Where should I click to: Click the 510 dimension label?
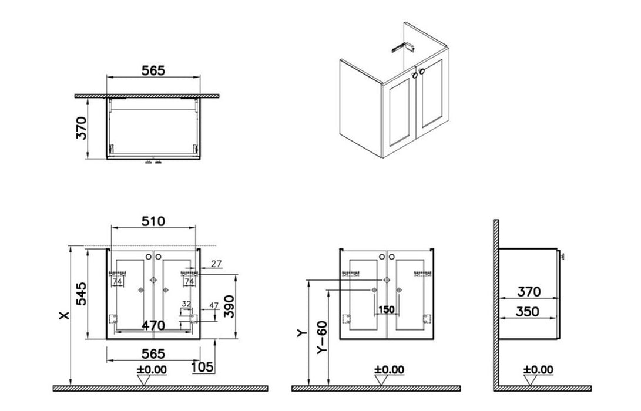pyautogui.click(x=153, y=221)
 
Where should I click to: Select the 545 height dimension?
pyautogui.click(x=81, y=294)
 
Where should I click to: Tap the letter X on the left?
pyautogui.click(x=64, y=315)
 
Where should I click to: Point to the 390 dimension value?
pyautogui.click(x=229, y=306)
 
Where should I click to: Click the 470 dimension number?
pyautogui.click(x=153, y=326)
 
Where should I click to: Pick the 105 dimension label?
pyautogui.click(x=202, y=367)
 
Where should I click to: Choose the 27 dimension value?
pyautogui.click(x=216, y=264)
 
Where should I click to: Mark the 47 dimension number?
pyautogui.click(x=214, y=305)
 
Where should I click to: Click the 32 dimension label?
pyautogui.click(x=186, y=304)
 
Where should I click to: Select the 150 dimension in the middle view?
pyautogui.click(x=386, y=309)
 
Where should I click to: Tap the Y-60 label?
pyautogui.click(x=322, y=338)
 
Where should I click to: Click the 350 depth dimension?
pyautogui.click(x=528, y=311)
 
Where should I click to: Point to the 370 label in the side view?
pyautogui.click(x=529, y=292)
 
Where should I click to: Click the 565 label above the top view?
pyautogui.click(x=153, y=70)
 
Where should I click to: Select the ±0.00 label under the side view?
pyautogui.click(x=538, y=369)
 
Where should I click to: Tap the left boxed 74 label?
pyautogui.click(x=118, y=281)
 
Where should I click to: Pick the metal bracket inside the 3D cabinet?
pyautogui.click(x=402, y=47)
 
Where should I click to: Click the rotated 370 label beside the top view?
pyautogui.click(x=81, y=128)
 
